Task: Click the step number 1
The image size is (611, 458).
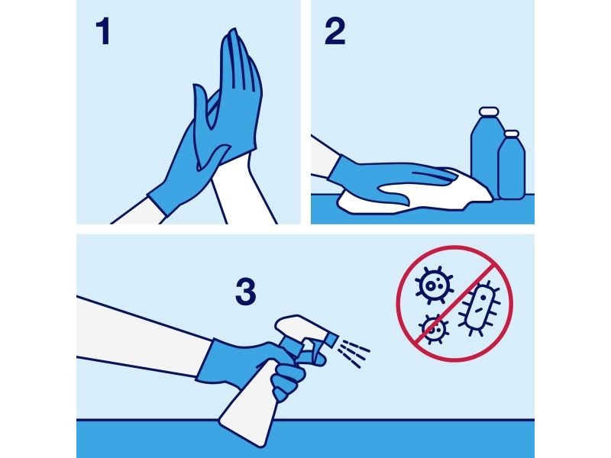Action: coord(103,32)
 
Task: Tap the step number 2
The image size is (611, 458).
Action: coord(335,32)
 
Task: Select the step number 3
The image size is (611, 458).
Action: coord(245,292)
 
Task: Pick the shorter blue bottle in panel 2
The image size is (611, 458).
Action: coord(512,167)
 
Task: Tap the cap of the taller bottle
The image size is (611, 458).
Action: coord(489,111)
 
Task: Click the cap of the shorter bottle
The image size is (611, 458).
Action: coord(512,134)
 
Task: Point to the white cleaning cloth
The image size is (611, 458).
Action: coord(413,195)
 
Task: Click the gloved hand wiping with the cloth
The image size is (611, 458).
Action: coord(390,177)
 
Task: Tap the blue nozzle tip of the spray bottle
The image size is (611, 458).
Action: coord(331,339)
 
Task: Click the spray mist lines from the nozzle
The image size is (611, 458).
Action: coord(354,353)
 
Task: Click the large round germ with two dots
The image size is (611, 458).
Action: coord(434,285)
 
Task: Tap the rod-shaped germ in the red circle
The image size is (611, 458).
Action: coord(480,308)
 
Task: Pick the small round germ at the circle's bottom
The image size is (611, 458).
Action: coord(433,329)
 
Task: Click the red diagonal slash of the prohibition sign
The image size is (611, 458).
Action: coord(454,304)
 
